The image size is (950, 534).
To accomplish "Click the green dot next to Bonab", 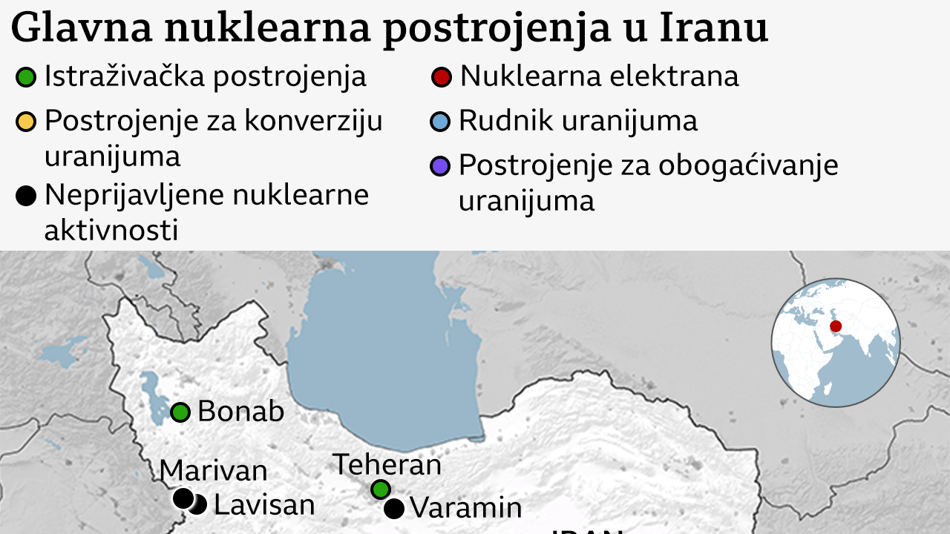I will tap(180, 412).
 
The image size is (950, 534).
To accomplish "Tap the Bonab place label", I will tap(240, 412).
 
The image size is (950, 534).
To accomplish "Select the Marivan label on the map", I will tap(213, 470).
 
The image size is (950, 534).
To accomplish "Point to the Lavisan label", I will tap(264, 505).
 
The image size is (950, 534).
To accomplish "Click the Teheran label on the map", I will tap(387, 464).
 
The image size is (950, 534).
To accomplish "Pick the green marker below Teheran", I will tap(381, 489).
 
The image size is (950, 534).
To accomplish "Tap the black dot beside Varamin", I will tap(394, 509).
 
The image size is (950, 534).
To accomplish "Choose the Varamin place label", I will tap(465, 508).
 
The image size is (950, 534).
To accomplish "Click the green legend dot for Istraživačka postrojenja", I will tap(26, 77).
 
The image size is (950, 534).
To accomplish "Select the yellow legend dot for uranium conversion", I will tap(26, 122).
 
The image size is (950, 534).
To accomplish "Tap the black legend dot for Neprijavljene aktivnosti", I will tap(26, 196).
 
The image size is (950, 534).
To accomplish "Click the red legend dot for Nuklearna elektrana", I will tap(442, 77).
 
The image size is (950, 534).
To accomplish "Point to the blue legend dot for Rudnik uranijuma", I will tap(441, 122).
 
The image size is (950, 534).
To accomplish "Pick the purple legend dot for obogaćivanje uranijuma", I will tap(441, 165).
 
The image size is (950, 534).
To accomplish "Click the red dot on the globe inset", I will tap(836, 326).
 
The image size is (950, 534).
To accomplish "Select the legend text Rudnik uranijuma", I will tap(577, 121).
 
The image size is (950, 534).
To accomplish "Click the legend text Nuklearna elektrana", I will tap(599, 76).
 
